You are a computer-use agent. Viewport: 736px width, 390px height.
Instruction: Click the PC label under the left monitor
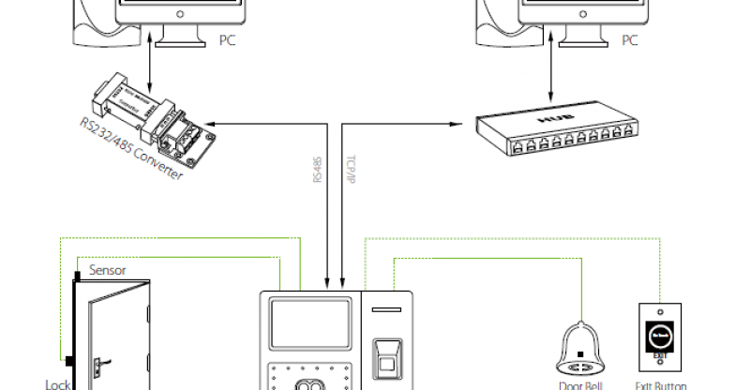pos(226,40)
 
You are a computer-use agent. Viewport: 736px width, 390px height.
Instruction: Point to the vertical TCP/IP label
pos(349,170)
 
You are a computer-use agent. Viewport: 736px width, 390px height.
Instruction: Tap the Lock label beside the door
pos(58,382)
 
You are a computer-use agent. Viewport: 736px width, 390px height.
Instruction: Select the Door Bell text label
pos(582,384)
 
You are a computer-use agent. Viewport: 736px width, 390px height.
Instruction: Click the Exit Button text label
pos(660,384)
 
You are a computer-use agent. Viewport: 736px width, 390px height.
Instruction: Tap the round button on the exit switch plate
pos(660,333)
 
